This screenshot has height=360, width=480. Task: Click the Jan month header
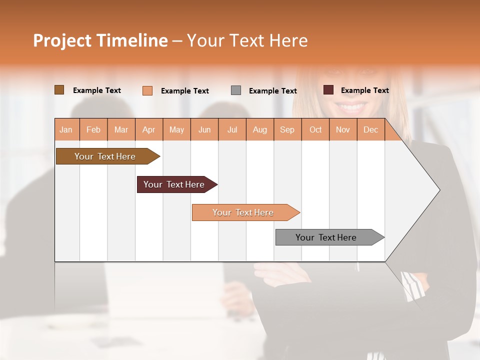pos(66,129)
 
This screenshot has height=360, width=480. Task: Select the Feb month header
pos(93,129)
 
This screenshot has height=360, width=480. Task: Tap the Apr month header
pos(149,129)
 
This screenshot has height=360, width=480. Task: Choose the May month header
pos(176,129)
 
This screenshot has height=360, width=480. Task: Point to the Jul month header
pos(232,129)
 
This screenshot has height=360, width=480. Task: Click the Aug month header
pos(259,129)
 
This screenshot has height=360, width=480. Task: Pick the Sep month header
pos(287,129)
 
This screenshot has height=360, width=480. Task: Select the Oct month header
pos(315,129)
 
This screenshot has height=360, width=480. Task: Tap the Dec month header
pos(370,129)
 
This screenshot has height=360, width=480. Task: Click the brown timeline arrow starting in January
pos(105,156)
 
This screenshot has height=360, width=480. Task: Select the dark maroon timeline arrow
pos(174,184)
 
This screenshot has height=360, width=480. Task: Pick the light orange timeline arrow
pos(243,212)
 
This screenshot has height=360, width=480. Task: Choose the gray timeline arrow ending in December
pos(326,237)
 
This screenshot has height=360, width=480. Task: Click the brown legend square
pos(59,90)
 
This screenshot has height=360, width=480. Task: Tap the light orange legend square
pos(147,90)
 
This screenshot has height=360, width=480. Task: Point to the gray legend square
pos(236,90)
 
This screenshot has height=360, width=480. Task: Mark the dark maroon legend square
pos(328,90)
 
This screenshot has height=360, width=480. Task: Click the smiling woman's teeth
pos(353,106)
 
